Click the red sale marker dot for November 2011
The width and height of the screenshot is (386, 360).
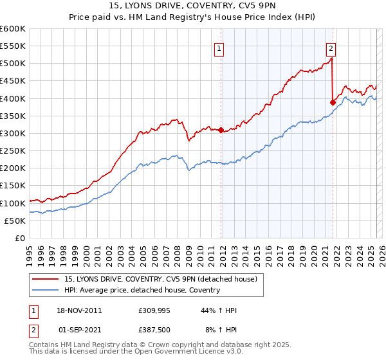[x=221, y=130]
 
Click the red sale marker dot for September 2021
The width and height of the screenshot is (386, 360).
[x=333, y=102]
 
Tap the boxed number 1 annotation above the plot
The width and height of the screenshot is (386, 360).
[x=219, y=47]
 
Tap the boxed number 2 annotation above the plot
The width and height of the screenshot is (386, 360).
[x=331, y=47]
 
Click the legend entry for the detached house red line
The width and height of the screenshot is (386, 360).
[x=160, y=278]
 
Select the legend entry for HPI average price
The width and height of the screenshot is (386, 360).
[x=142, y=290]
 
